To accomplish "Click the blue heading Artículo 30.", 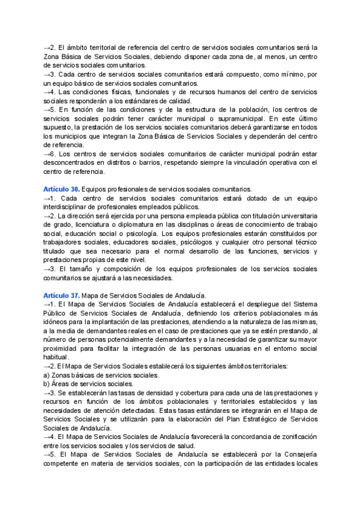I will point(61,190).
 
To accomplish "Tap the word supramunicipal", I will point(228,118).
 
